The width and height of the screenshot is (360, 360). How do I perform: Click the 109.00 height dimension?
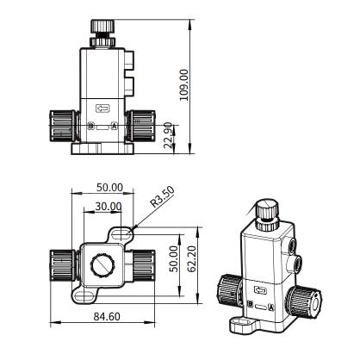coord(184,84)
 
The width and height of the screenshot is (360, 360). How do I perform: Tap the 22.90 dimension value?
coord(169,135)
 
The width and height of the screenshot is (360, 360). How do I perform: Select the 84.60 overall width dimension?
coord(107,317)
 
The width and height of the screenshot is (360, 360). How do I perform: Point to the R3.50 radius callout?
coord(163,197)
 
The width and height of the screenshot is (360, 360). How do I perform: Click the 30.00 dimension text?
coord(109,206)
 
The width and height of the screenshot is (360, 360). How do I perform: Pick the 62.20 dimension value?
coord(191,258)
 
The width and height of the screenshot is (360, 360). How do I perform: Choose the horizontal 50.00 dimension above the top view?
coord(109,188)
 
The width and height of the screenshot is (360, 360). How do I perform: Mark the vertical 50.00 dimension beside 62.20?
coord(174,258)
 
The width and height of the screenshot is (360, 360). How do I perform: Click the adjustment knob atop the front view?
coord(102,27)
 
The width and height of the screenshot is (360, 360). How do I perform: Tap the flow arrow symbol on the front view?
coord(102,109)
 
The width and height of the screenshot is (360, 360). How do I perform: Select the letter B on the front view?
coord(91,126)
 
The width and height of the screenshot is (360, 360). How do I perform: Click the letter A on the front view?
coord(115,126)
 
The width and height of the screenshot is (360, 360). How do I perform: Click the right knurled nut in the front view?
coord(141,126)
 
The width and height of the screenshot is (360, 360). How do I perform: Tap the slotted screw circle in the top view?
coord(102,265)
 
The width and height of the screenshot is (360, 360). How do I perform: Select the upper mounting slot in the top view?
coord(121,233)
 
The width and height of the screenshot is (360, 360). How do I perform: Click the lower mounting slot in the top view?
coord(84,296)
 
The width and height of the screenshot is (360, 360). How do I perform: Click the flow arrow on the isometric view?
coord(261,290)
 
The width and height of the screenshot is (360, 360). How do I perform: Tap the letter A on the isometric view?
coord(270,307)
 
